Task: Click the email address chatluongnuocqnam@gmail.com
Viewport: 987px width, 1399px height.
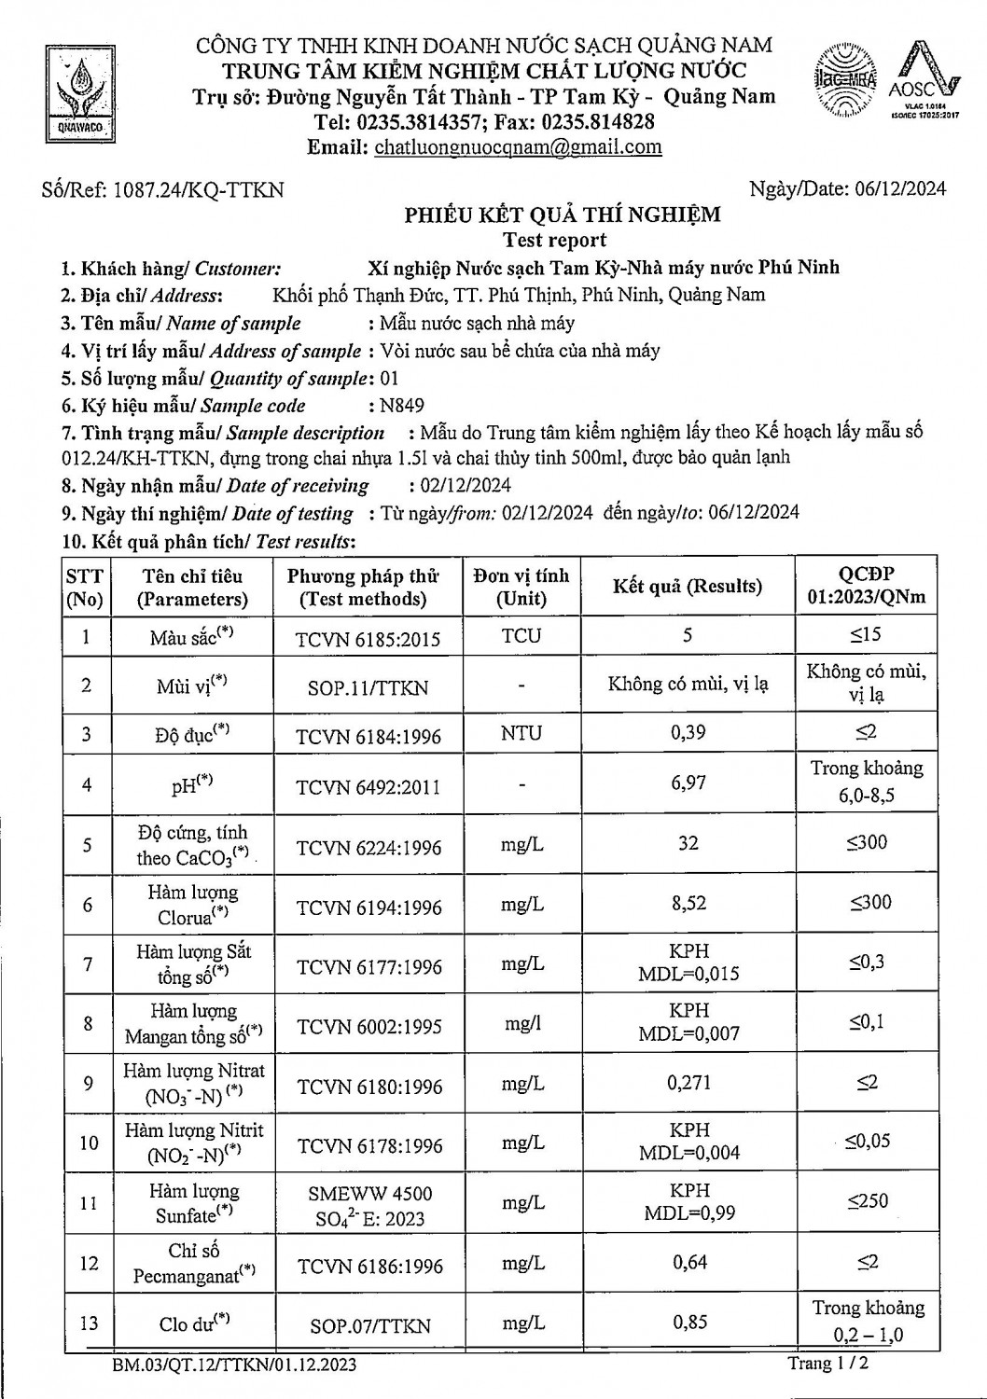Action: click(x=517, y=146)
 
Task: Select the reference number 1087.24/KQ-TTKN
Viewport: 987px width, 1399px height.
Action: click(x=198, y=190)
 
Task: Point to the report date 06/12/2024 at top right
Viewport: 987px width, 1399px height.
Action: click(x=900, y=189)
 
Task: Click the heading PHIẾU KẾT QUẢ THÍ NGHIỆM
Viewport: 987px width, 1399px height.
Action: click(x=562, y=215)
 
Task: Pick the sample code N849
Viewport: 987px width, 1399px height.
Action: click(x=402, y=406)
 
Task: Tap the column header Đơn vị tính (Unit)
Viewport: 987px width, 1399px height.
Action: click(x=521, y=587)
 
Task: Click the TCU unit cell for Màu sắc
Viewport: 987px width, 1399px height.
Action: click(x=521, y=636)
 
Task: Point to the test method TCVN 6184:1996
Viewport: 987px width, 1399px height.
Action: click(x=368, y=736)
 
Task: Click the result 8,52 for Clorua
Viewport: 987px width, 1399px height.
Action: click(x=688, y=903)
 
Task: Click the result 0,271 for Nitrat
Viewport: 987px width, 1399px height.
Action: click(x=688, y=1083)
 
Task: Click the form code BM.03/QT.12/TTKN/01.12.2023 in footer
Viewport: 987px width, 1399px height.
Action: click(x=232, y=1366)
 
